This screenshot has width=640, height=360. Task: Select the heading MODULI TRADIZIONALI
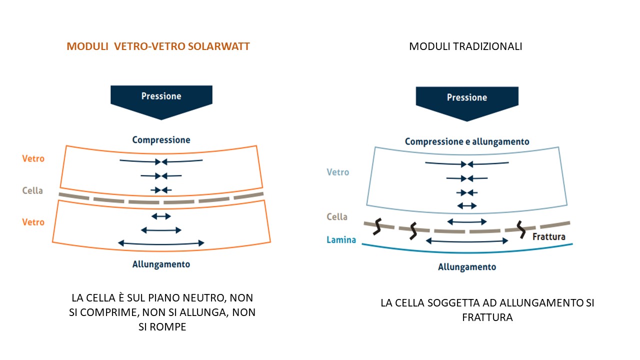pyautogui.click(x=465, y=46)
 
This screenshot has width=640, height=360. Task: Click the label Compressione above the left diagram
pyautogui.click(x=161, y=140)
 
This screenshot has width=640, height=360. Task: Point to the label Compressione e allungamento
pyautogui.click(x=467, y=141)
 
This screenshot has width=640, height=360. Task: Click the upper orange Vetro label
pyautogui.click(x=33, y=159)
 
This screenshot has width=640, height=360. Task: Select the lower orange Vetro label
pyautogui.click(x=33, y=222)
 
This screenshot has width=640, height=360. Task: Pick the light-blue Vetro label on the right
pyautogui.click(x=337, y=172)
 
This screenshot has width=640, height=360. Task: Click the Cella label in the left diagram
pyautogui.click(x=32, y=190)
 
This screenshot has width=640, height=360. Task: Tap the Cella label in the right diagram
pyautogui.click(x=336, y=217)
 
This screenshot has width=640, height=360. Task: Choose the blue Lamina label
pyautogui.click(x=341, y=240)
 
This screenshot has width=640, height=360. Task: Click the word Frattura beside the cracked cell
pyautogui.click(x=548, y=236)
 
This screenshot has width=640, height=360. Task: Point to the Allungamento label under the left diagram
pyautogui.click(x=161, y=264)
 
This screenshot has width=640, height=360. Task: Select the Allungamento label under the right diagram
pyautogui.click(x=467, y=267)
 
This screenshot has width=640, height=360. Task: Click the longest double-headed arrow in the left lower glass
pyautogui.click(x=161, y=243)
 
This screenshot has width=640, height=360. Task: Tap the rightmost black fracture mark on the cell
pyautogui.click(x=522, y=229)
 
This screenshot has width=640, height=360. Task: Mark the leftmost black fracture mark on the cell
pyautogui.click(x=378, y=226)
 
